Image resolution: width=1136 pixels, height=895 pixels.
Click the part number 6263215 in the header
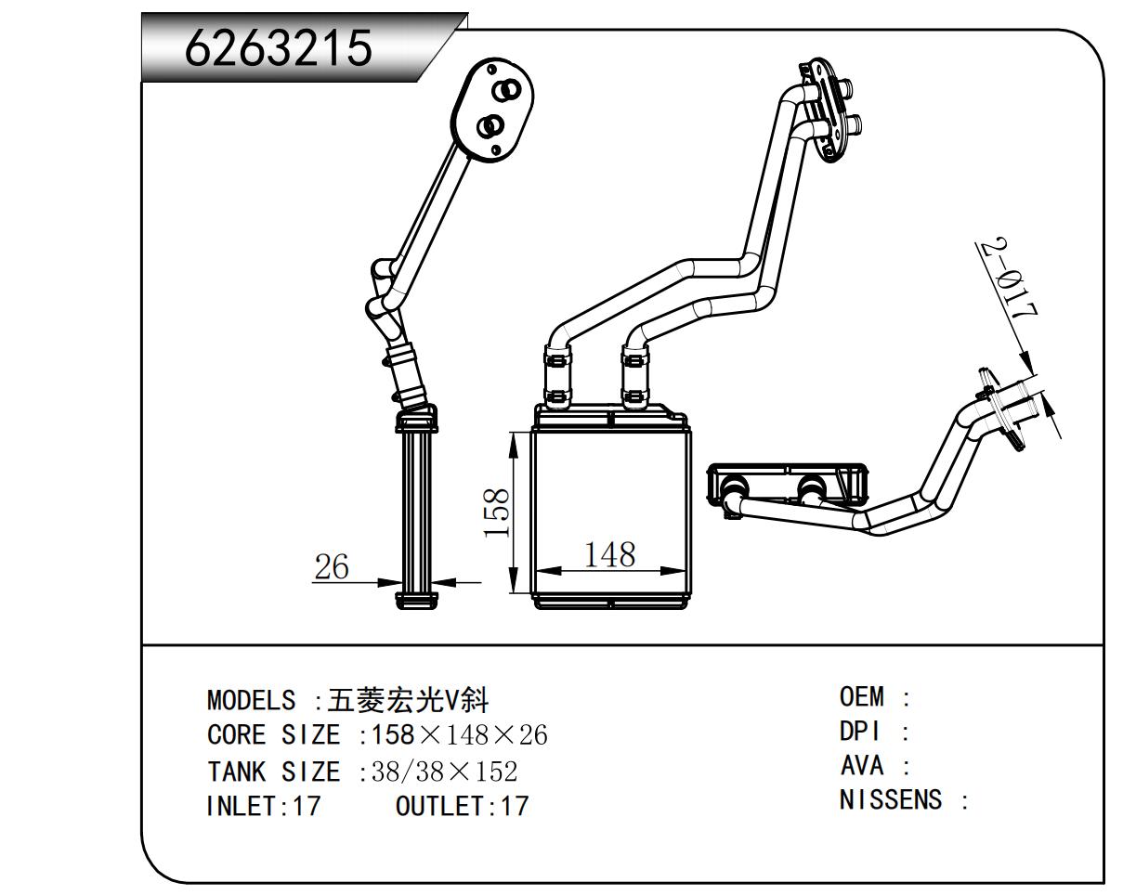tap(279, 47)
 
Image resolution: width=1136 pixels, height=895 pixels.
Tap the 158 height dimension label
tap(498, 512)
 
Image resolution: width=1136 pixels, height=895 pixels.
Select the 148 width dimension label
tap(609, 554)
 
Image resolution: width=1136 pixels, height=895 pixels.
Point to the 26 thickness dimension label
tap(331, 566)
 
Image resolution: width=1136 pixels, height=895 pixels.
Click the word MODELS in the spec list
tap(251, 700)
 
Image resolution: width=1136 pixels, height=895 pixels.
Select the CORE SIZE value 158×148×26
tap(459, 736)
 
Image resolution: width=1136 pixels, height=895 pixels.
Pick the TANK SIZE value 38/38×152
tap(444, 772)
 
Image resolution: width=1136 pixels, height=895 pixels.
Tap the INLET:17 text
tap(263, 806)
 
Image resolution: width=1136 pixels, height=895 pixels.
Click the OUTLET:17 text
tap(462, 806)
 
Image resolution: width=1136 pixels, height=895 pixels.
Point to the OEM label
tap(862, 696)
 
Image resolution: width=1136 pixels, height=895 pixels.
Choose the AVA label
tap(862, 766)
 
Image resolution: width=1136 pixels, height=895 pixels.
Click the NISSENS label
tap(891, 799)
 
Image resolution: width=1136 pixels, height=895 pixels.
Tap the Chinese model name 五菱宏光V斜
tap(409, 700)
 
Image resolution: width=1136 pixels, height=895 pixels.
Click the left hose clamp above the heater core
tap(557, 375)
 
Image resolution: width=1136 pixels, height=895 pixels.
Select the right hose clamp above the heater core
tap(635, 375)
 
